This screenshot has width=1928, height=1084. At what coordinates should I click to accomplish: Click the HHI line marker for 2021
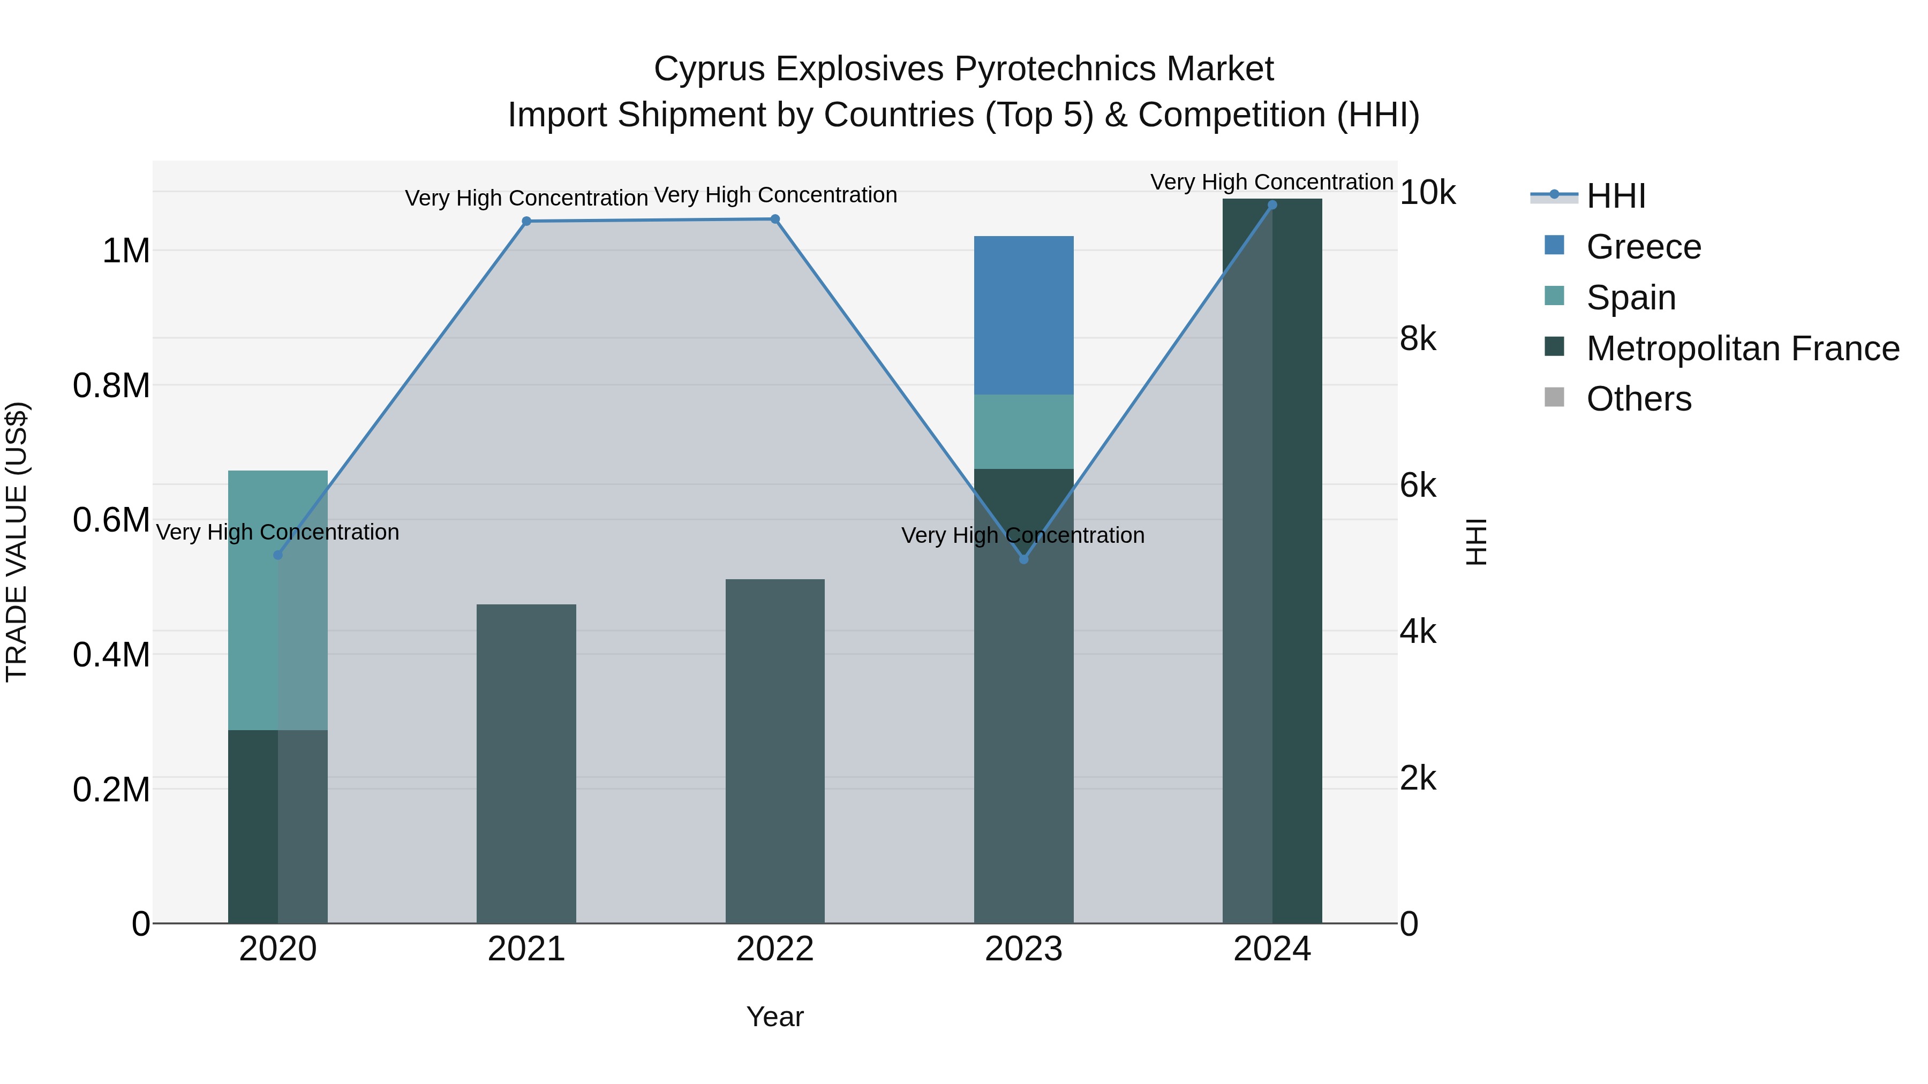(x=526, y=222)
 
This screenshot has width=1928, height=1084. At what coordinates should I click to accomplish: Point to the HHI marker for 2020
(x=277, y=555)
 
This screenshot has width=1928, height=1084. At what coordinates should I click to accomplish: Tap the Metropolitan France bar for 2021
(x=526, y=763)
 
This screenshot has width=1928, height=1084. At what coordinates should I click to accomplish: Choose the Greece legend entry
(x=1644, y=247)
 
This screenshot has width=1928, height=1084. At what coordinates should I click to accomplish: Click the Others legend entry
(x=1638, y=399)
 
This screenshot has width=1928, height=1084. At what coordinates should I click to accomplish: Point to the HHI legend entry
(x=1615, y=196)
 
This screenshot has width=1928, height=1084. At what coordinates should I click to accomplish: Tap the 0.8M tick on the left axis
(x=111, y=386)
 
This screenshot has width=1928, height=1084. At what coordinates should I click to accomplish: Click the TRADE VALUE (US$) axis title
(x=17, y=542)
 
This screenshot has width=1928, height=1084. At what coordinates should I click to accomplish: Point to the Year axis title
(x=774, y=1017)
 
